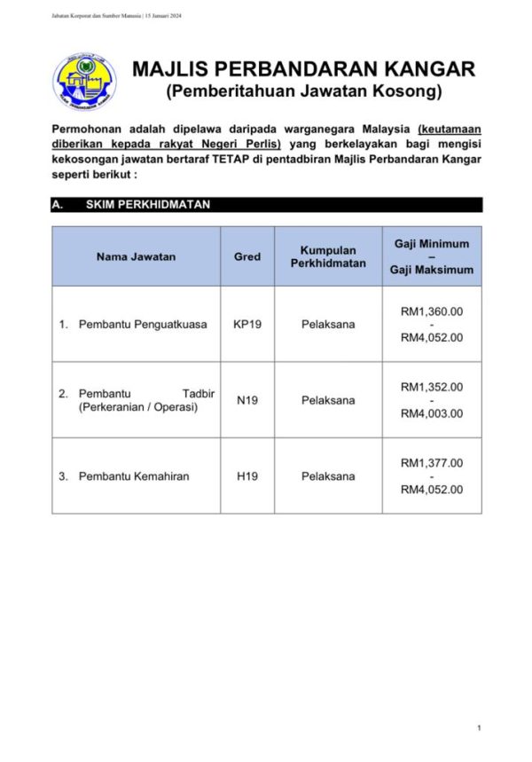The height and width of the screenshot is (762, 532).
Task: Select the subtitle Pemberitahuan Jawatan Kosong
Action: point(303,91)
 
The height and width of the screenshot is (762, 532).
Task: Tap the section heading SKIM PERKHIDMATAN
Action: point(147,205)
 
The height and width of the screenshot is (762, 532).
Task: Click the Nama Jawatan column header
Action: point(136,256)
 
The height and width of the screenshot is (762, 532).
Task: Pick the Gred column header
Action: point(247,256)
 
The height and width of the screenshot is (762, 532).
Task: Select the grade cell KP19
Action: point(247,325)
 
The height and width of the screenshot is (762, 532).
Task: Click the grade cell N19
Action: point(247,400)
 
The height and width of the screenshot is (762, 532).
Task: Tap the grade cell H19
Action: point(247,476)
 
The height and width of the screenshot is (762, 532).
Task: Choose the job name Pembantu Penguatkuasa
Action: point(143,325)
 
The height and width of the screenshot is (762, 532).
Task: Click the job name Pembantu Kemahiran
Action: point(134,476)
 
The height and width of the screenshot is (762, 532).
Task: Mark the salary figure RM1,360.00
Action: point(432,311)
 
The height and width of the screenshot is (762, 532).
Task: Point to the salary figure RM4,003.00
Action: point(432,413)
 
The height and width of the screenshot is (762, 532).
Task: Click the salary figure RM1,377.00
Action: point(432,463)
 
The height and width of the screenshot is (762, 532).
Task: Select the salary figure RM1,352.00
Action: point(432,387)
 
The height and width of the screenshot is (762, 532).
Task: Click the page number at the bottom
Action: point(479,728)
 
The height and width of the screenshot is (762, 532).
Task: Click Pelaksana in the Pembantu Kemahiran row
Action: point(328,476)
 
